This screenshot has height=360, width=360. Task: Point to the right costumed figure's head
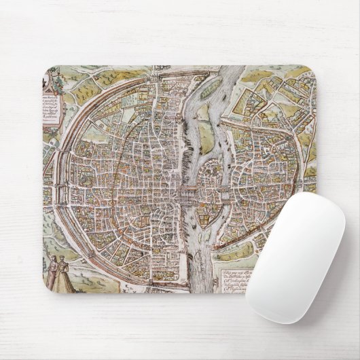[x=64, y=259]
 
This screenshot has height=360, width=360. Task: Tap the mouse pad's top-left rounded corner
[x=48, y=70]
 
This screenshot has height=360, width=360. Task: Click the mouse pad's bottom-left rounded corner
[x=49, y=288]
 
